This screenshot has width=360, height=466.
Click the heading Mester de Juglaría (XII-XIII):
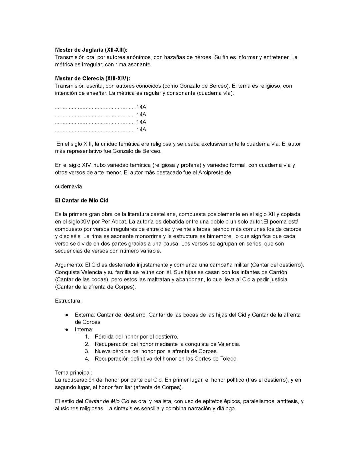point(91,50)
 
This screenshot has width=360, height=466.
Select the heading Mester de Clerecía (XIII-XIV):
point(92,78)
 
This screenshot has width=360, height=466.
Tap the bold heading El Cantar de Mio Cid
point(82,200)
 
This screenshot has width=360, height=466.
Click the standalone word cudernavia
point(68,186)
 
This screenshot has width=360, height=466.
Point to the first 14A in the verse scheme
point(141,107)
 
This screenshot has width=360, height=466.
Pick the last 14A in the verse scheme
point(141,129)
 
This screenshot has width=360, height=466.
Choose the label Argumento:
point(69,265)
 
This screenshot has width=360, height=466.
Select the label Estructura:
point(68,301)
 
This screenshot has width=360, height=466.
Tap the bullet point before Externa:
point(67,315)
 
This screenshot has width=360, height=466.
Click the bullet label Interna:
point(84,330)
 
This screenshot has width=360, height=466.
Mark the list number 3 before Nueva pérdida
point(87,351)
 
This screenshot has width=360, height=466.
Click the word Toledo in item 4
point(228,359)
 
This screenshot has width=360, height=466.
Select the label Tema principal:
point(73,373)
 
